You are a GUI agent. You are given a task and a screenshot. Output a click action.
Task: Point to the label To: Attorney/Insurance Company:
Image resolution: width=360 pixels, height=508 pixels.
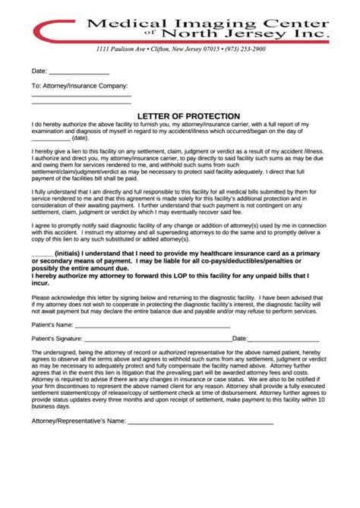pyautogui.click(x=79, y=86)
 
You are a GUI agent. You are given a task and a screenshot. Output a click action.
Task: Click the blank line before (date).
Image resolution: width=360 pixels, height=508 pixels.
pyautogui.click(x=50, y=140)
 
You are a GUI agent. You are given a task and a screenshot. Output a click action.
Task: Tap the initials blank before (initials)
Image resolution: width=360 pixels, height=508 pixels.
pyautogui.click(x=43, y=253)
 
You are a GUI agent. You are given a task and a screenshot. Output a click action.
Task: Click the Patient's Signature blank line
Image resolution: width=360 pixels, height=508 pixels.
pyautogui.click(x=156, y=339)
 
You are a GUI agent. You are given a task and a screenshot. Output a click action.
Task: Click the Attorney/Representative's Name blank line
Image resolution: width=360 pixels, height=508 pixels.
pyautogui.click(x=201, y=421)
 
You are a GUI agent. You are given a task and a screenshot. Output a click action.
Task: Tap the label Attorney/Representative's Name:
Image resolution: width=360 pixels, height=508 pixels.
pyautogui.click(x=78, y=421)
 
